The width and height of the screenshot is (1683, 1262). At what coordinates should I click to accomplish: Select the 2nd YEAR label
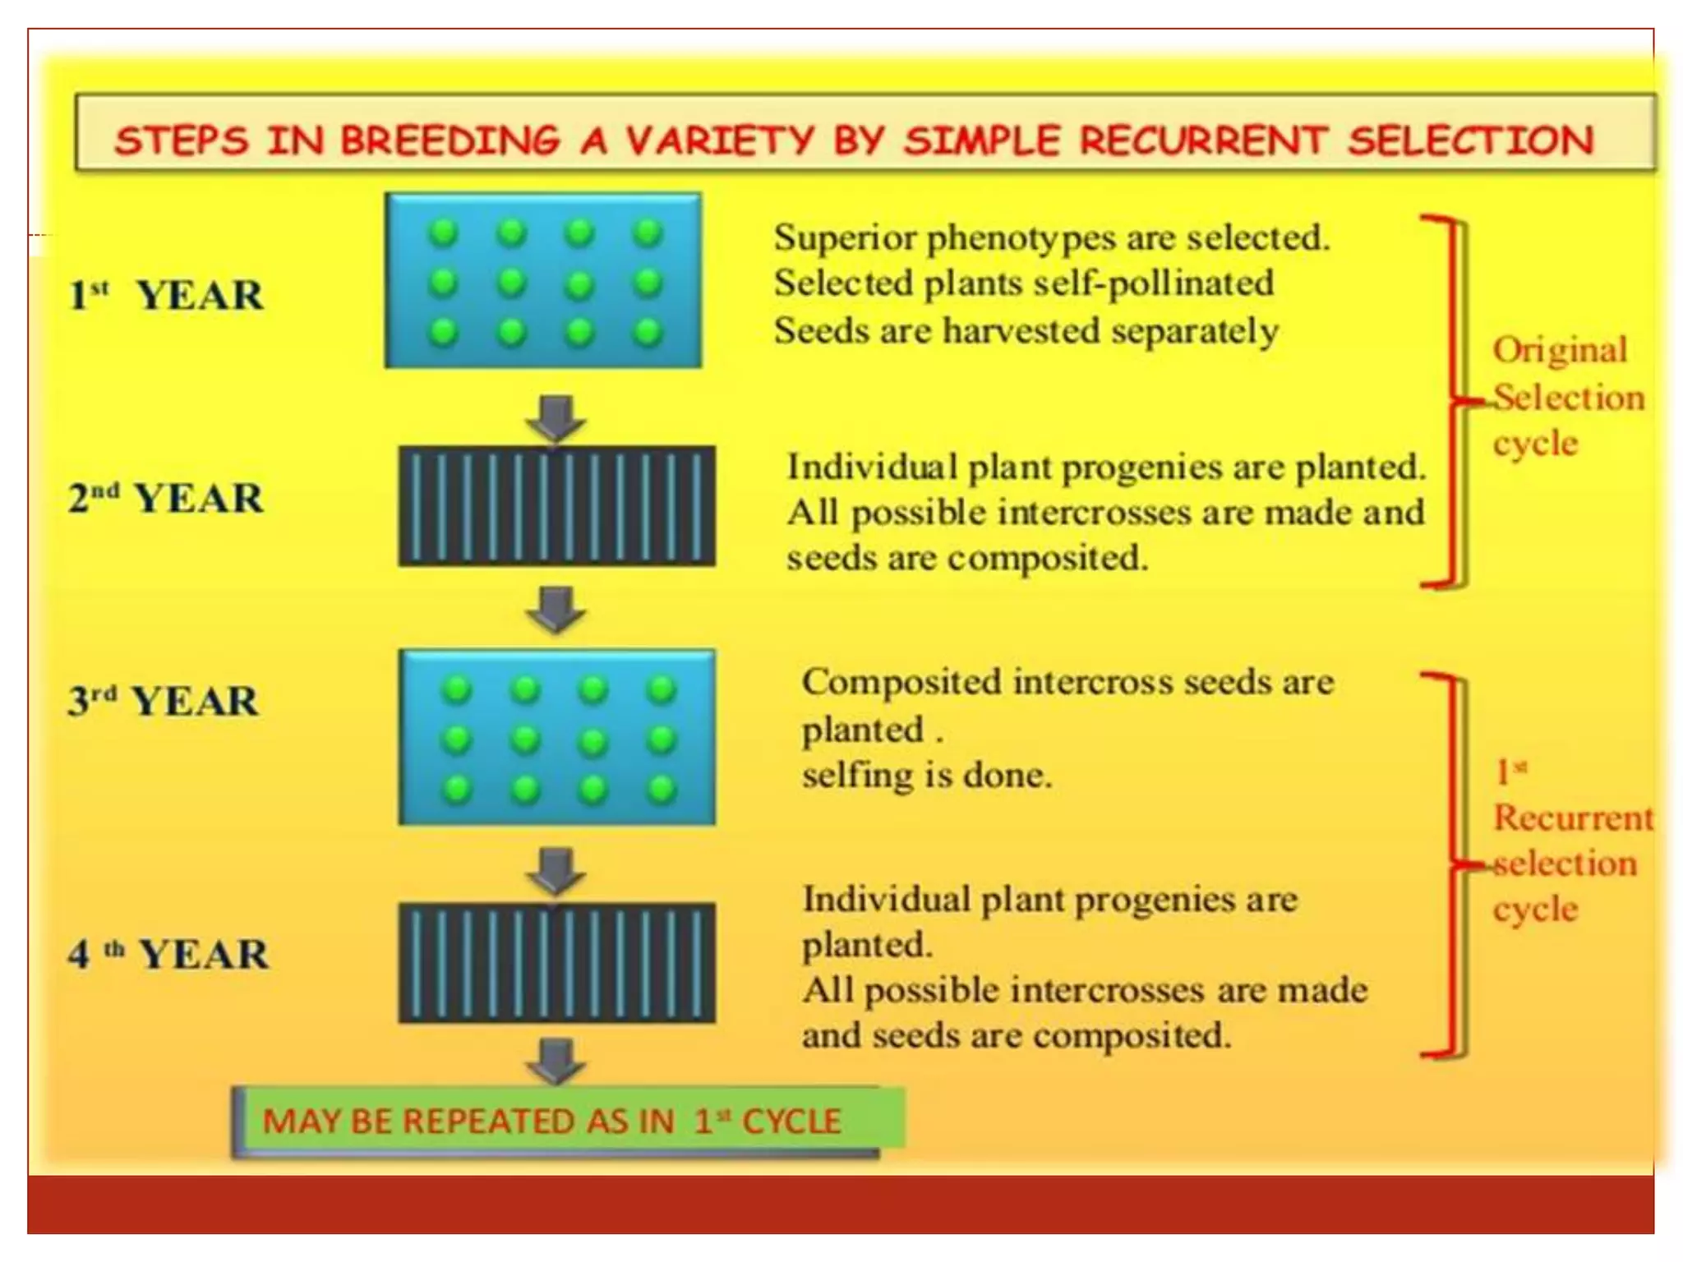(166, 498)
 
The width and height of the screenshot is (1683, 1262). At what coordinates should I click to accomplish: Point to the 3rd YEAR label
(164, 701)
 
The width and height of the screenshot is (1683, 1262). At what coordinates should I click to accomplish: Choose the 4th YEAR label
(168, 954)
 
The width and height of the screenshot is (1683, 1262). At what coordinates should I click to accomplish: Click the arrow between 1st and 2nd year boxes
(556, 418)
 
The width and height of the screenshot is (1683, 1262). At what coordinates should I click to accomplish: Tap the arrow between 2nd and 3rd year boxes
(556, 609)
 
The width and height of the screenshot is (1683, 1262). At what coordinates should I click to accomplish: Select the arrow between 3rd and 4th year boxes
(556, 871)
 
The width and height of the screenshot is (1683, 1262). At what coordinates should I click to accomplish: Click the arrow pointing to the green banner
(556, 1060)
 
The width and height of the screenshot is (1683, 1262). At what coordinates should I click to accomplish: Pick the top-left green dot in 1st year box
(443, 233)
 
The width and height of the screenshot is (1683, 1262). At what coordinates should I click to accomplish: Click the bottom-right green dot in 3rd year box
(661, 790)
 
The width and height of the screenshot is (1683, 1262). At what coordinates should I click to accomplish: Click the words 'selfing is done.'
(926, 775)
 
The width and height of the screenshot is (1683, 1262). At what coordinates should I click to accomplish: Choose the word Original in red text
(1560, 351)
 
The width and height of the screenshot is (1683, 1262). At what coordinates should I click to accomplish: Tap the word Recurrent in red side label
(1572, 818)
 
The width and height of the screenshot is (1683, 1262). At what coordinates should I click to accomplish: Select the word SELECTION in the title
(1470, 140)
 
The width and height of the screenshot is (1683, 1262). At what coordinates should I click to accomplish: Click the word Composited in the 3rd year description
(901, 683)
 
